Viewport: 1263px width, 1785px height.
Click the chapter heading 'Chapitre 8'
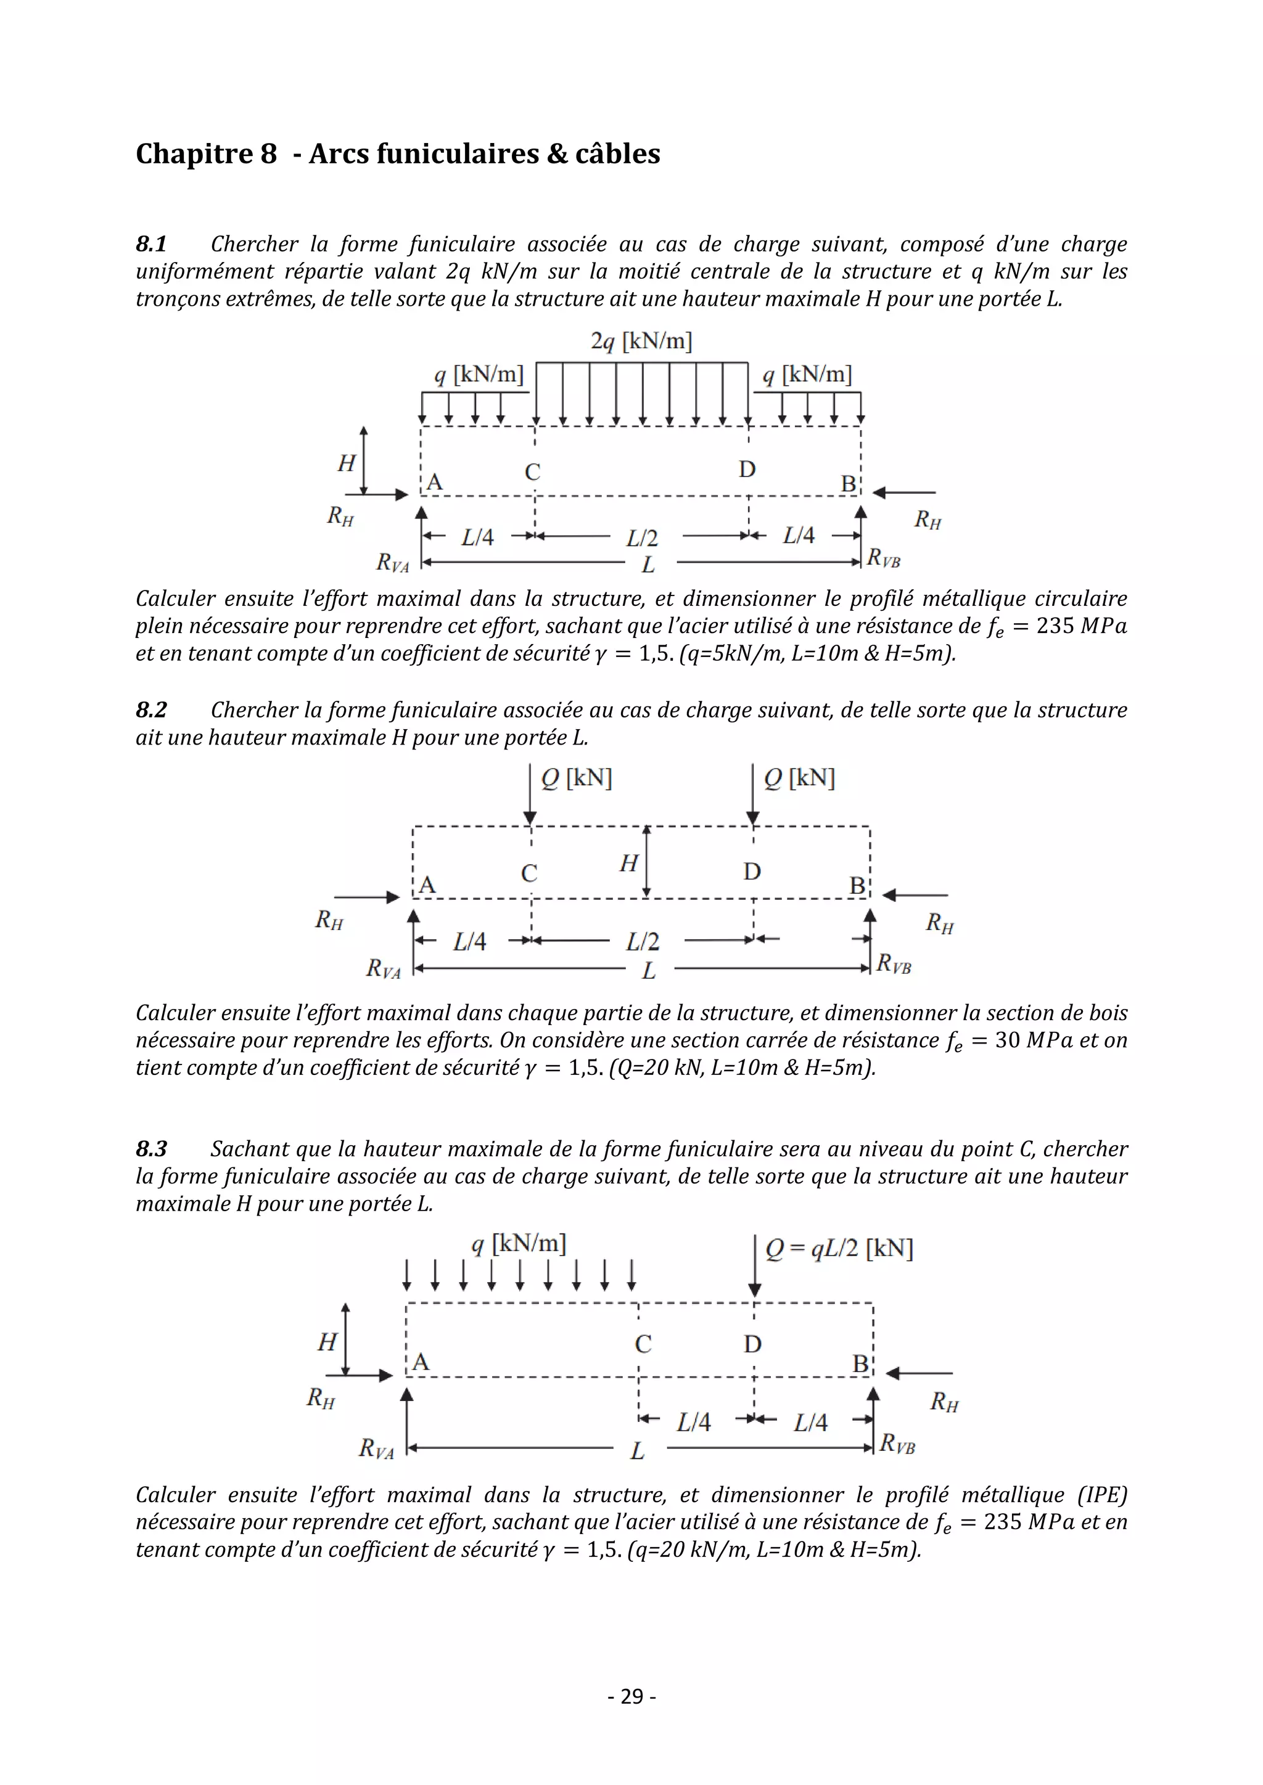click(206, 154)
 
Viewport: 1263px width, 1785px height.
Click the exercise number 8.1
click(151, 244)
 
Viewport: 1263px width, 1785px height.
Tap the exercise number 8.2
click(151, 710)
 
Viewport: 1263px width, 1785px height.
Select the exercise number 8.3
click(151, 1149)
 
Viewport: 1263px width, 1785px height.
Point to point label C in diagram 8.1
click(532, 472)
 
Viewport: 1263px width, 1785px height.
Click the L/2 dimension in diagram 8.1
click(643, 538)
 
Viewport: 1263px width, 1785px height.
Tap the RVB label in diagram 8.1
click(884, 557)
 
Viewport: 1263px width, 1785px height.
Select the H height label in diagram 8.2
click(628, 863)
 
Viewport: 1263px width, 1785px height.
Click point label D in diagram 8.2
click(751, 872)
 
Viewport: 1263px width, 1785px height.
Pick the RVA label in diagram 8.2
click(384, 969)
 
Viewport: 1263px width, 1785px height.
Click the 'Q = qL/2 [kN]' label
click(838, 1249)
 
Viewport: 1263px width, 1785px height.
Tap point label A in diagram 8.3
click(421, 1362)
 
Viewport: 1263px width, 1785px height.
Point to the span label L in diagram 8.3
click(637, 1451)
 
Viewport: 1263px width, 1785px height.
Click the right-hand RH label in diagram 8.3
click(944, 1402)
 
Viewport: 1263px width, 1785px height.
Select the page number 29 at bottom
click(631, 1696)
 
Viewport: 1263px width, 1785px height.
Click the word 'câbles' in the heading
click(617, 154)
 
